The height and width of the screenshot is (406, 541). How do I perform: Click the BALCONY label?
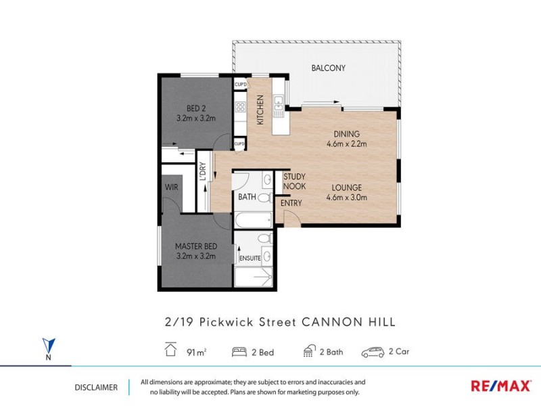coord(328,68)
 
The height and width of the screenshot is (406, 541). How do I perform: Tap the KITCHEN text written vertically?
coord(260,109)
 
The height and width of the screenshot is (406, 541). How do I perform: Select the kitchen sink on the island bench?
coord(278,104)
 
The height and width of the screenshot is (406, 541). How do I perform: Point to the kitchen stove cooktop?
coord(240,106)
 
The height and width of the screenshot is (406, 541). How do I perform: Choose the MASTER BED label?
coord(195,246)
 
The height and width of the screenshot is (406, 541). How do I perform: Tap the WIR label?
coord(170,187)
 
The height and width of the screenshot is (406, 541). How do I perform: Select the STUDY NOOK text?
coord(294,181)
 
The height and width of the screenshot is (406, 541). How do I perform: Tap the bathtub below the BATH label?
coord(253,220)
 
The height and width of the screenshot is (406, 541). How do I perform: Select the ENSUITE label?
coord(249,258)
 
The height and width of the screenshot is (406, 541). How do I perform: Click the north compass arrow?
coord(47,345)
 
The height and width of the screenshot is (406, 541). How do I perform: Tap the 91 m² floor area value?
coord(195,352)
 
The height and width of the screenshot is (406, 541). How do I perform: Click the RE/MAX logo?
coord(500,386)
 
